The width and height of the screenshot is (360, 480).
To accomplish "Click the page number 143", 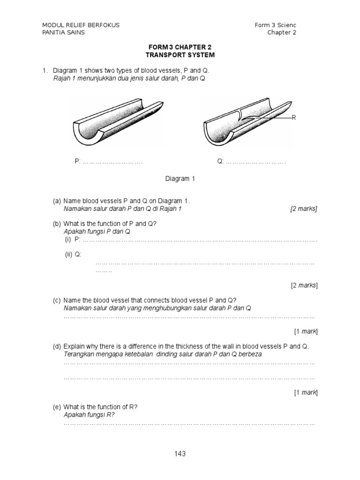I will (x=180, y=453).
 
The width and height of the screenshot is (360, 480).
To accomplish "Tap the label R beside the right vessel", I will (x=294, y=118).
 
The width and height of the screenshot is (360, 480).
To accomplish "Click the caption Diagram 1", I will (x=180, y=179).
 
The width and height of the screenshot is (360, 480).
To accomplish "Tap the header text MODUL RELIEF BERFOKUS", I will (x=81, y=25).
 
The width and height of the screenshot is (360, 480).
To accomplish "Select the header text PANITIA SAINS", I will (x=64, y=32).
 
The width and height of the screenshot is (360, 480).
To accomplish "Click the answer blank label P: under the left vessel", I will (x=78, y=161).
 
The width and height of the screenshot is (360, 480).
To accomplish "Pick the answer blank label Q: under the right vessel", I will (x=220, y=161).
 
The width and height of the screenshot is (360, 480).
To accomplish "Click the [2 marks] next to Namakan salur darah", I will (x=303, y=209).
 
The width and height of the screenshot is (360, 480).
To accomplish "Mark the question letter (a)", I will (x=57, y=201).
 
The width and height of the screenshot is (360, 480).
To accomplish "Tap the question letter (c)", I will (x=57, y=300).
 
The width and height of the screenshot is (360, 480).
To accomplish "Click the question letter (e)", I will (x=57, y=407).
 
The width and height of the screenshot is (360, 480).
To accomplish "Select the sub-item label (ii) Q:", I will (x=73, y=254).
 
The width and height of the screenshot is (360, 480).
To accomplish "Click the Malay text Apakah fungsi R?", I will (x=89, y=415).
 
